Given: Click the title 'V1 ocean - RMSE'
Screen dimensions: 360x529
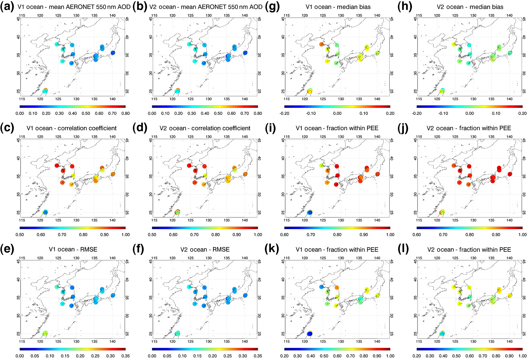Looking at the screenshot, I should pos(73,249).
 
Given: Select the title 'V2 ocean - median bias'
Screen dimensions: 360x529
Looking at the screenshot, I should pos(470,7).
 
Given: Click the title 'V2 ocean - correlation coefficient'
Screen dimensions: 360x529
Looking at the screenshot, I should pos(205,128).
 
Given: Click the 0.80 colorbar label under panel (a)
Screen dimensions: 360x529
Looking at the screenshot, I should pos(125,114).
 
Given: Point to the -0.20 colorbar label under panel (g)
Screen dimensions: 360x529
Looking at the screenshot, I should pos(284,114).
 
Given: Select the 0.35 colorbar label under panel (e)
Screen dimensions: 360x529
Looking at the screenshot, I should pos(125,356).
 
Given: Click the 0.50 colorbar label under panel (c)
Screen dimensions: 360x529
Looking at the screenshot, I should pos(20,235).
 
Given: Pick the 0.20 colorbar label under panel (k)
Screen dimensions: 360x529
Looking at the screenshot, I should pos(284,356).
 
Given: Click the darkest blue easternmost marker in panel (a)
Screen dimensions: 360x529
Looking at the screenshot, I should pos(113,53).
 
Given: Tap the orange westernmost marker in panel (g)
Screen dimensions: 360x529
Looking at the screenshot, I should pos(321,44).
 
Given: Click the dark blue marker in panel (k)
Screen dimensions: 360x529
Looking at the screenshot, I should pos(309,334).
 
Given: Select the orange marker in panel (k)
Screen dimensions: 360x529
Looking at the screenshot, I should pos(337,287).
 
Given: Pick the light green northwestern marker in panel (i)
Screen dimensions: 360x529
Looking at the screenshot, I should pos(322,165).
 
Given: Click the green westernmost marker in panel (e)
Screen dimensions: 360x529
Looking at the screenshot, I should pos(57,287).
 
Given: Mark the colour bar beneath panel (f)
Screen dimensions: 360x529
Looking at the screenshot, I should pos(205,349).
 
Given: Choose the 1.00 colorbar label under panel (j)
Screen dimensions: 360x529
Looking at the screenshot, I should pos(522,235).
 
